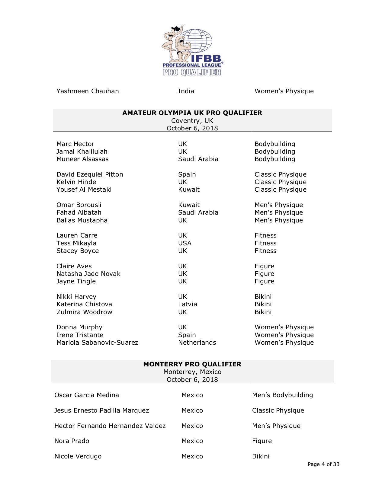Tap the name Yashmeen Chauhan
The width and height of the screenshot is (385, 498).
click(88, 91)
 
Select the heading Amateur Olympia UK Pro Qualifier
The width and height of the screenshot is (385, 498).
click(192, 113)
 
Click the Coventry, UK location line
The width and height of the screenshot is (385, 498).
click(192, 121)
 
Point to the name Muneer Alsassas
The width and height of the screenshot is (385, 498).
click(82, 159)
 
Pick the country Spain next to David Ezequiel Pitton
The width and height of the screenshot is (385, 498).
click(187, 174)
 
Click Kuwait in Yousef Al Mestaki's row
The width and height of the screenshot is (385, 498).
click(189, 190)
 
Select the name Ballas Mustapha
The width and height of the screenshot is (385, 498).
click(82, 220)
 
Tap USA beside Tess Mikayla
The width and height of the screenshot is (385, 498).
click(185, 243)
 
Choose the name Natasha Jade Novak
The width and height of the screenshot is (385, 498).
click(88, 274)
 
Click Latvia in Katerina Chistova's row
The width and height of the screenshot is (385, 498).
click(188, 304)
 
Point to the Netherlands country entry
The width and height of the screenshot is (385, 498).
click(197, 343)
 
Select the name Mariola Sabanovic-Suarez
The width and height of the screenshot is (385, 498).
click(97, 343)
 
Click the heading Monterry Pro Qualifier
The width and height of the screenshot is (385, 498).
click(192, 364)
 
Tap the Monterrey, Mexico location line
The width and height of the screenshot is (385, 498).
click(192, 372)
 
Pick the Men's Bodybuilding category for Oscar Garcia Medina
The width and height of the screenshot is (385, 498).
click(282, 395)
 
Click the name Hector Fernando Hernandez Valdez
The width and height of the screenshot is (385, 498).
click(110, 426)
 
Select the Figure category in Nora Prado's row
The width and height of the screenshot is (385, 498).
click(262, 441)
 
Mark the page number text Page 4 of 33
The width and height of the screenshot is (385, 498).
click(323, 464)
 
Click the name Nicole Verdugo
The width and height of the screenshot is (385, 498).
click(78, 456)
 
